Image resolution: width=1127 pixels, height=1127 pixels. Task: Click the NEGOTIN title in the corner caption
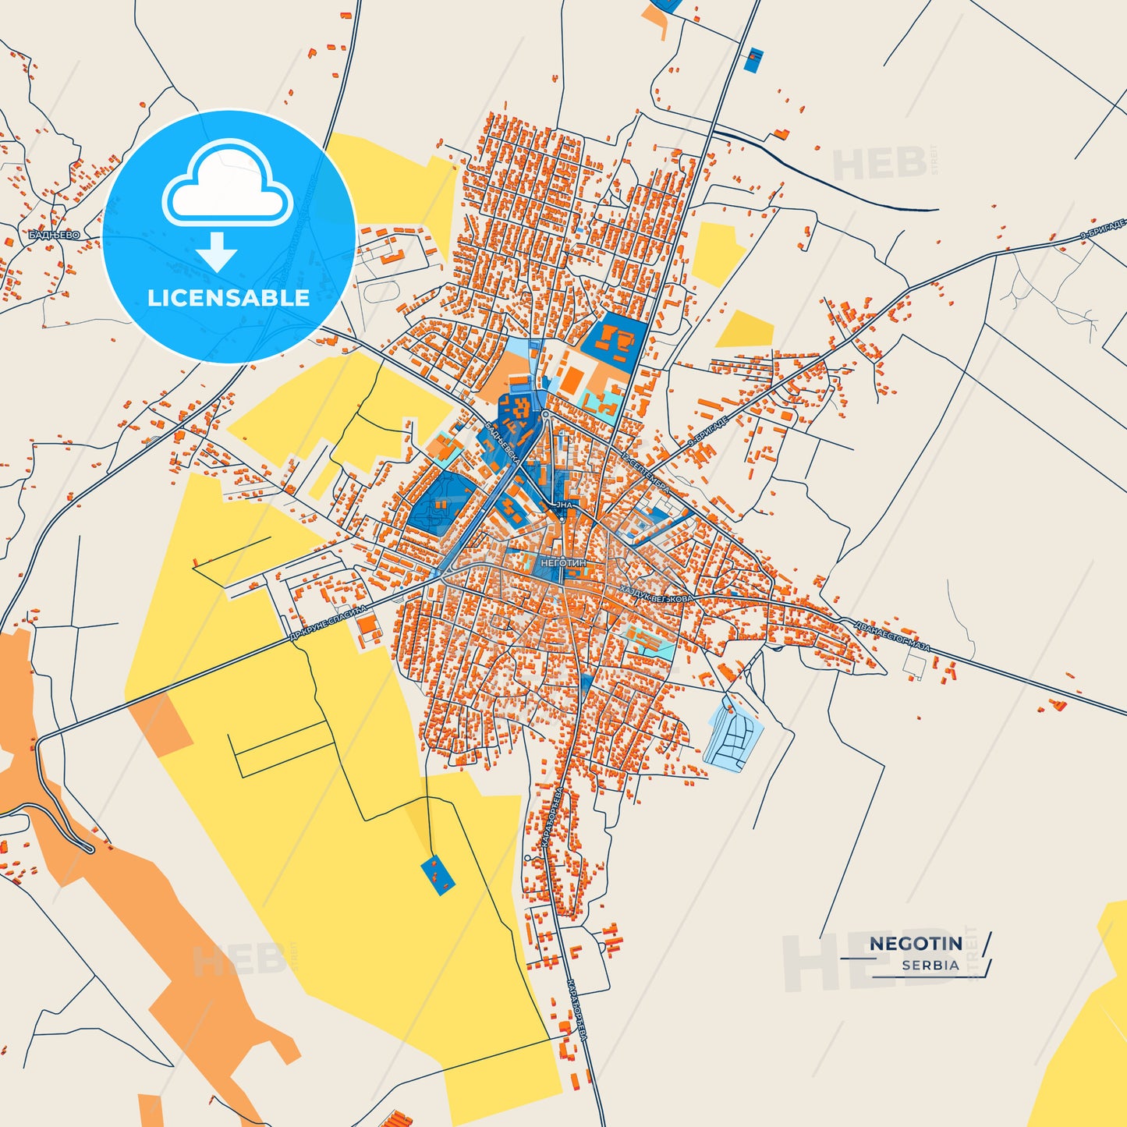coord(916,943)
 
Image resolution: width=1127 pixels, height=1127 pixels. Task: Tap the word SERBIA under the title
coord(930,965)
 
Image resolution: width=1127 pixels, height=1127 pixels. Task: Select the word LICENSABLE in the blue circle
coord(229,297)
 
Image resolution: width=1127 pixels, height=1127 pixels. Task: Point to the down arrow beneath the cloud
coord(217,251)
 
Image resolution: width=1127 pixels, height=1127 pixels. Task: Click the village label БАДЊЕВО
coord(54,235)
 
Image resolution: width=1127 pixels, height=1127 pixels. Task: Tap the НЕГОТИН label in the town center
coord(562,562)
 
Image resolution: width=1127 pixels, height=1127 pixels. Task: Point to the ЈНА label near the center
coord(564,505)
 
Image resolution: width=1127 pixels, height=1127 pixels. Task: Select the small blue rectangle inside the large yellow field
coord(438,875)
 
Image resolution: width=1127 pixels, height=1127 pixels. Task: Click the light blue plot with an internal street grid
coord(734,736)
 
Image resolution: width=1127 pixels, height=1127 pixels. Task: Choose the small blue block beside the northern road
coord(753,60)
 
